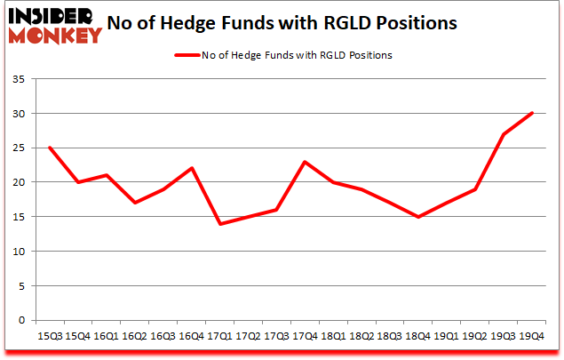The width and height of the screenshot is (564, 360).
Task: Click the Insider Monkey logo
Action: point(55,24)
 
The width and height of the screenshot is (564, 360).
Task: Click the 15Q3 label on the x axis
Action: point(49,337)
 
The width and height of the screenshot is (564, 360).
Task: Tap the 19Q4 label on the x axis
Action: point(532,337)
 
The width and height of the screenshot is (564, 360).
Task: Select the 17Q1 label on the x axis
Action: point(219,337)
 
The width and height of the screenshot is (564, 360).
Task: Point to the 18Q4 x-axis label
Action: point(418,337)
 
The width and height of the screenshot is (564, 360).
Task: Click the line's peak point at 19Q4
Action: point(532,113)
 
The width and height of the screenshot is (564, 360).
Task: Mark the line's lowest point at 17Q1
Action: point(219,224)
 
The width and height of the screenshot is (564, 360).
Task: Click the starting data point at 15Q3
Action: point(49,148)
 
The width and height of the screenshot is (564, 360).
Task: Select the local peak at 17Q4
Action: point(305,162)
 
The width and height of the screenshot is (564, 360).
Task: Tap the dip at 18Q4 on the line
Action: point(418,217)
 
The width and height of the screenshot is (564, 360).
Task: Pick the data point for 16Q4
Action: point(191,168)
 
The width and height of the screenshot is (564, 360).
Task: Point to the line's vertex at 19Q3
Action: point(504,134)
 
